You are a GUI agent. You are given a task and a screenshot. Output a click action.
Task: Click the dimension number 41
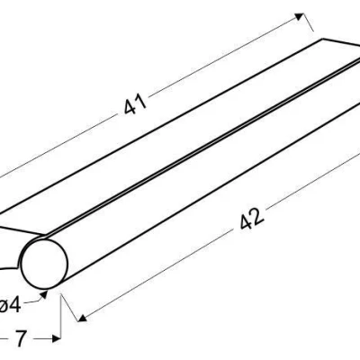coord(135,103)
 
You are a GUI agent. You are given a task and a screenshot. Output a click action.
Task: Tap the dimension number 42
coord(252,219)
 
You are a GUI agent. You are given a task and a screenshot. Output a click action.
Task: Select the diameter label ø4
coord(10,306)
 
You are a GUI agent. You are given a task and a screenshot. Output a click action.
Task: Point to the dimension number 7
coord(21,338)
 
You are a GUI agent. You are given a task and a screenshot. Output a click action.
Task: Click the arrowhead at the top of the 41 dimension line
coord(300,16)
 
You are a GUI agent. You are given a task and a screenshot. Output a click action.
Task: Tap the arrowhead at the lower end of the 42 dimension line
coord(82,319)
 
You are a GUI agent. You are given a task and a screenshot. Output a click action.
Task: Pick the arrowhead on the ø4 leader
coord(44,294)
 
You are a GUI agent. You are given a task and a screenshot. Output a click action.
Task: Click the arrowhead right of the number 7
coord(56,338)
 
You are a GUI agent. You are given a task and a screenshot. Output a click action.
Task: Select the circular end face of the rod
coord(44,264)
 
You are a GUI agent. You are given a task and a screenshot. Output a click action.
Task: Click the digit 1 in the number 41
coord(142,102)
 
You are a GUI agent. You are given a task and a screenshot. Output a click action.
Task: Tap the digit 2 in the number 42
coord(258,215)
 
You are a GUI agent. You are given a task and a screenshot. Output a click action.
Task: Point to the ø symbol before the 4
coord(4,306)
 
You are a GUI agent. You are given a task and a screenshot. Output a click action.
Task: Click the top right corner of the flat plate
coord(322,39)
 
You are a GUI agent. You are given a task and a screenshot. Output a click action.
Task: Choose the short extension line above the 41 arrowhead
coord(309,22)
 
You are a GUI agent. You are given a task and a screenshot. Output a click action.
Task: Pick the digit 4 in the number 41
coord(130,107)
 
